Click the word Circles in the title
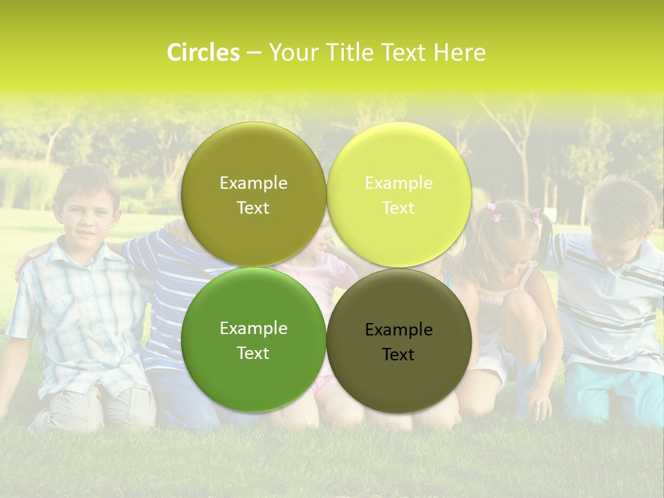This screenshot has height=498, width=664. (x=203, y=53)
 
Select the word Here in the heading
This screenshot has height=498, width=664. (x=459, y=53)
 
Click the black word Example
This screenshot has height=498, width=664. (x=398, y=330)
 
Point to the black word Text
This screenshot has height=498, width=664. (x=398, y=355)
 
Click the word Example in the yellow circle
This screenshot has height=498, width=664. (x=398, y=183)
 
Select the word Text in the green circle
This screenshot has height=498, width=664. (x=253, y=353)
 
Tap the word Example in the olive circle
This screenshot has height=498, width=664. (x=253, y=183)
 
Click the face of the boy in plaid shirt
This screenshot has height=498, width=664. (x=86, y=207)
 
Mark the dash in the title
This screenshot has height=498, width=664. (x=254, y=53)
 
